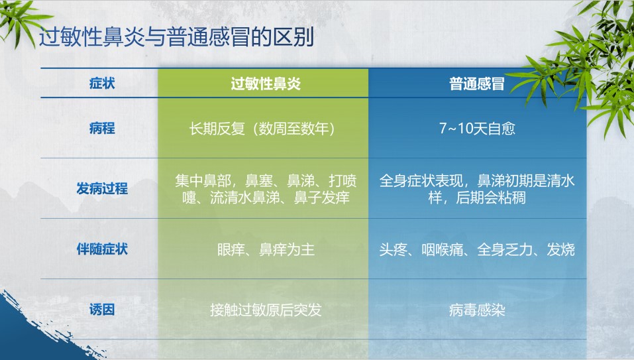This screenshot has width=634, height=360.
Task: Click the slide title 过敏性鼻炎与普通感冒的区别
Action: [176, 38]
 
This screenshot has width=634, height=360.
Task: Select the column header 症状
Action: [102, 84]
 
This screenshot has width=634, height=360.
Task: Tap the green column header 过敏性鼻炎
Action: [266, 84]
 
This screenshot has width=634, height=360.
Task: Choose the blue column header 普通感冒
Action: [477, 84]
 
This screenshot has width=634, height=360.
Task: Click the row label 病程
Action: [102, 129]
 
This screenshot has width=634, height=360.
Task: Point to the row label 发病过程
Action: [102, 188]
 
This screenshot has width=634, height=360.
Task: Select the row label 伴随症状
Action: [102, 249]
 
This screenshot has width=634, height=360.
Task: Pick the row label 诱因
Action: [102, 310]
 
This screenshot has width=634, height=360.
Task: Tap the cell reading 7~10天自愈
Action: [477, 129]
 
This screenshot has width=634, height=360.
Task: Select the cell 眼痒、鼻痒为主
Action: [266, 249]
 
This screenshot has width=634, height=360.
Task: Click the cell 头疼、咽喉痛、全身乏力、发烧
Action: [477, 249]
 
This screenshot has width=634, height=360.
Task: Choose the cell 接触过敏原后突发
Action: [266, 310]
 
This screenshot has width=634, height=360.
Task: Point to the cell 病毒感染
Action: [477, 310]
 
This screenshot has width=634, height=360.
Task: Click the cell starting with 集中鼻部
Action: [266, 190]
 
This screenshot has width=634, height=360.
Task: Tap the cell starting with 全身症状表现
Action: [477, 190]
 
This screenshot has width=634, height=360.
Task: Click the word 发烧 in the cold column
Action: [561, 249]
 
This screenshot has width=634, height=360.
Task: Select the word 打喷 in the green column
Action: [343, 181]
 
